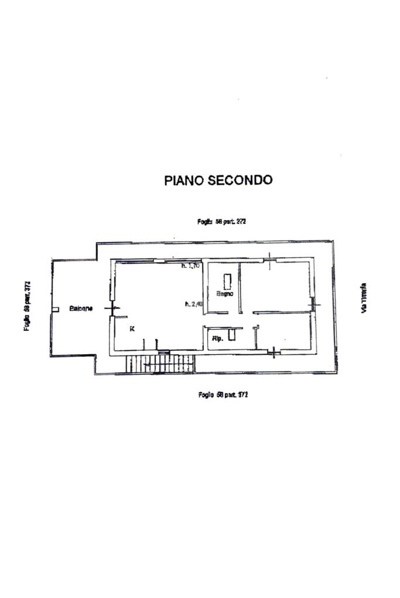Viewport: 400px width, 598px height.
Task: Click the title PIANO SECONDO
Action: [x=218, y=180]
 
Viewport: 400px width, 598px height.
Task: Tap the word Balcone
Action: [x=80, y=308]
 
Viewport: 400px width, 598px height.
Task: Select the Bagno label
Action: [x=224, y=294]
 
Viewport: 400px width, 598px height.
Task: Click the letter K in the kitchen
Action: [x=132, y=329]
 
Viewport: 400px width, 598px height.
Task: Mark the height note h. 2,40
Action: [x=193, y=303]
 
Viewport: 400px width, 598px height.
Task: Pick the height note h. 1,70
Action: [x=192, y=266]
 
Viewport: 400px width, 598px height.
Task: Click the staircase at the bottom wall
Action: [x=159, y=363]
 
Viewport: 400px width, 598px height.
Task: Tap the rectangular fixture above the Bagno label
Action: [x=226, y=279]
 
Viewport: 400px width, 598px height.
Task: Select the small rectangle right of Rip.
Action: [x=232, y=334]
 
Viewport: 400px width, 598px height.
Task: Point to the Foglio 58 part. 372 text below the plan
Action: [x=223, y=395]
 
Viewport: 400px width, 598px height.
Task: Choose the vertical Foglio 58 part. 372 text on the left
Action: [x=27, y=306]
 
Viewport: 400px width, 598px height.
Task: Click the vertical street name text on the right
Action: [x=364, y=300]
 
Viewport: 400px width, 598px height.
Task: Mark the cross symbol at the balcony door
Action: [x=111, y=307]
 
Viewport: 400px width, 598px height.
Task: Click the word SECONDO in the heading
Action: [x=240, y=180]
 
